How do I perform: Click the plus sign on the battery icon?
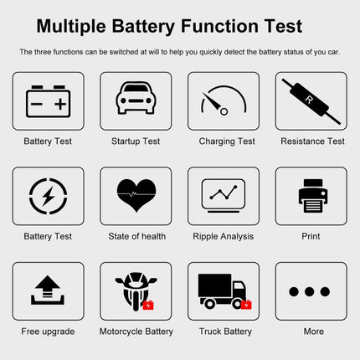pos(59,104)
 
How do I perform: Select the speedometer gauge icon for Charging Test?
pos(223,102)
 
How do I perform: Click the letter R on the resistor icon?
pos(311,100)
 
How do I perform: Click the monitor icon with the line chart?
pos(224,196)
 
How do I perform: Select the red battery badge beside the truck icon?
pos(246,304)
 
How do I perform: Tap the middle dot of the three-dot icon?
pos(311,292)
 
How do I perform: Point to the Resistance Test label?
pos(311,141)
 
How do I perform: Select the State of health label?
pos(136,237)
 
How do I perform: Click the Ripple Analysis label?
pos(224,237)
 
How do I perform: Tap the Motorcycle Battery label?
pos(136,332)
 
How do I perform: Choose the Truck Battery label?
pos(224,332)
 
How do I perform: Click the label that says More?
pos(313,332)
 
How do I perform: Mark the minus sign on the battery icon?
pos(37,104)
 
